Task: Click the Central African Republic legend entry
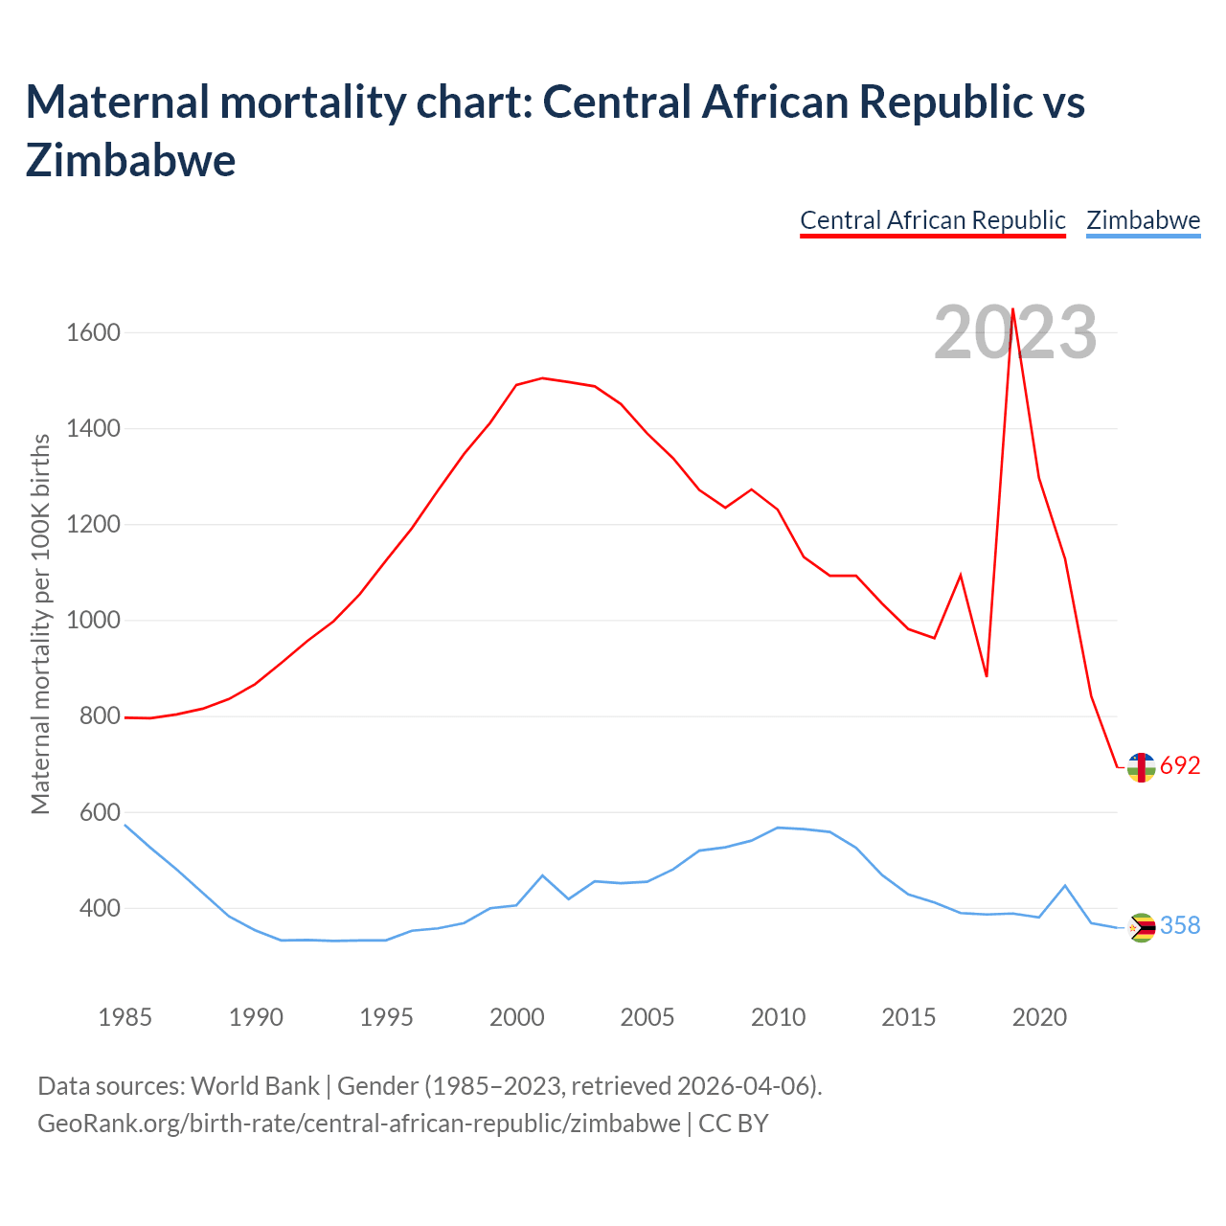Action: coord(932,220)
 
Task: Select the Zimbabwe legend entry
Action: coord(1143,220)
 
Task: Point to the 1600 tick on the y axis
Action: coord(93,333)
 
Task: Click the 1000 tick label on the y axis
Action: coord(93,621)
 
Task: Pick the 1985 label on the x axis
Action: coord(125,1017)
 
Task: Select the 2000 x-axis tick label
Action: coord(516,1017)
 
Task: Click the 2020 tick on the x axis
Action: coord(1039,1017)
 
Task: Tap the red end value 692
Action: coord(1180,766)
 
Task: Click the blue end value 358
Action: coord(1180,926)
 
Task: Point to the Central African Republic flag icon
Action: coord(1141,767)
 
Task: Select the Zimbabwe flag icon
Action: coord(1141,927)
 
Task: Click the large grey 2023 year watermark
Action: coord(1015,333)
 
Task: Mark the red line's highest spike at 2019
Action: coord(1012,309)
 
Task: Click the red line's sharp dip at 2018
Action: coord(987,676)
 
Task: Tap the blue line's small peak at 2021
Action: coord(1065,886)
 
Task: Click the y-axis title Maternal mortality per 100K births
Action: coord(40,624)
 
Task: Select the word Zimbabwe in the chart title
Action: coord(130,160)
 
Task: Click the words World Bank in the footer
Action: coord(255,1086)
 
